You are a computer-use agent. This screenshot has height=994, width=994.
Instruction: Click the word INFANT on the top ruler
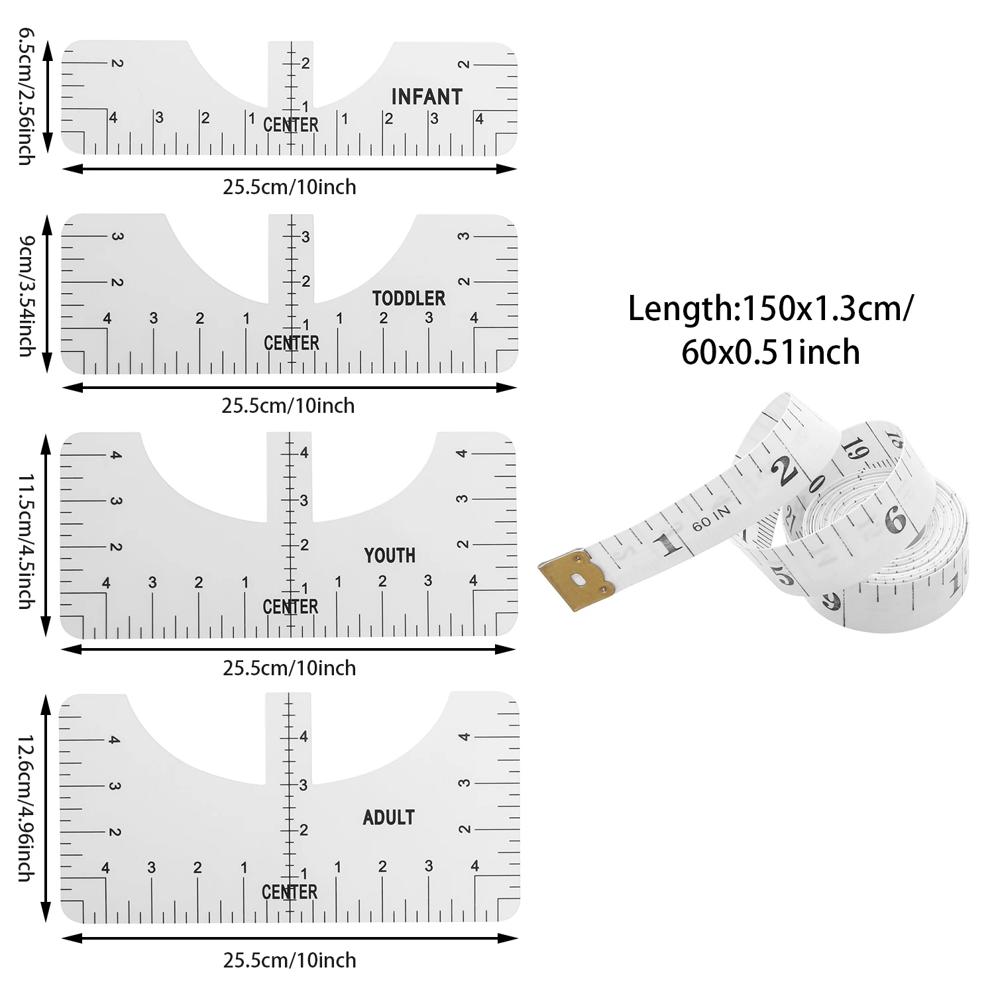[x=426, y=97]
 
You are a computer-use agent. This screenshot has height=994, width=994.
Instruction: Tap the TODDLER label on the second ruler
[x=408, y=298]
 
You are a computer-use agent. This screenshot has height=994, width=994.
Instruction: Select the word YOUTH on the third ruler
[x=390, y=555]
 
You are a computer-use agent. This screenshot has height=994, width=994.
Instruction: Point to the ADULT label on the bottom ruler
[x=388, y=818]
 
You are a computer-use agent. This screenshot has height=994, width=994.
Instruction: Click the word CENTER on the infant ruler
[x=291, y=125]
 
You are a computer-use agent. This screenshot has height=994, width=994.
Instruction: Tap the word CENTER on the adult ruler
[x=290, y=892]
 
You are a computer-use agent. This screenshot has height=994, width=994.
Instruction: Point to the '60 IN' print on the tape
[x=710, y=518]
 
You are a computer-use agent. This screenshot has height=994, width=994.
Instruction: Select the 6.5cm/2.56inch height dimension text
[x=25, y=96]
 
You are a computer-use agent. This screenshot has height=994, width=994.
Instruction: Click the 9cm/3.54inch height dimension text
[x=25, y=295]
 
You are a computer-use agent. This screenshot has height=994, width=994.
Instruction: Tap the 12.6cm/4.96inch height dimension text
[x=25, y=807]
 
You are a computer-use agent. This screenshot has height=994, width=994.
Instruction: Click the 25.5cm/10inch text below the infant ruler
[x=289, y=188]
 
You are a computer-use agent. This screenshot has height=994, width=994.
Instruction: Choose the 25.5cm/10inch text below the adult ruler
[x=290, y=960]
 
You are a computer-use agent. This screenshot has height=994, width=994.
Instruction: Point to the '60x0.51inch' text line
[x=770, y=352]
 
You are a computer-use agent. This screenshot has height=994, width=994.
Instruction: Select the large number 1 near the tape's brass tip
[x=668, y=544]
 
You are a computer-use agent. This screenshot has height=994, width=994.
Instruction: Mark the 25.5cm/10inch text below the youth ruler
[x=289, y=668]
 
